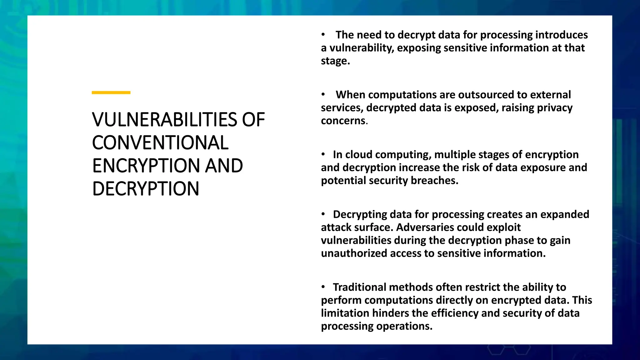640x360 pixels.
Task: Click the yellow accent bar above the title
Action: pyautogui.click(x=111, y=92)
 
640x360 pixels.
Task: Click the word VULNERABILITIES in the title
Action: pyautogui.click(x=165, y=120)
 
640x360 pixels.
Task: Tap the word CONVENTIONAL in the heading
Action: pyautogui.click(x=160, y=143)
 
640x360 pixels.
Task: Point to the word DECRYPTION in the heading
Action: pyautogui.click(x=146, y=189)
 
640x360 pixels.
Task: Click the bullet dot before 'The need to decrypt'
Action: pyautogui.click(x=323, y=34)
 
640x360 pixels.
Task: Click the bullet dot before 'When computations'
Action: pyautogui.click(x=323, y=94)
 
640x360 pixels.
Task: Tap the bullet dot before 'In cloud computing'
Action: pyautogui.click(x=323, y=154)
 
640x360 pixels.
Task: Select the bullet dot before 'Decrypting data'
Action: pyautogui.click(x=323, y=214)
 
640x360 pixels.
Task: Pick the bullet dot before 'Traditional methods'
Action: pyautogui.click(x=323, y=287)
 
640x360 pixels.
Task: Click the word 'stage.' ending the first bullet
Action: pyautogui.click(x=335, y=61)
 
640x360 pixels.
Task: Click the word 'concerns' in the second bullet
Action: pyautogui.click(x=343, y=121)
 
